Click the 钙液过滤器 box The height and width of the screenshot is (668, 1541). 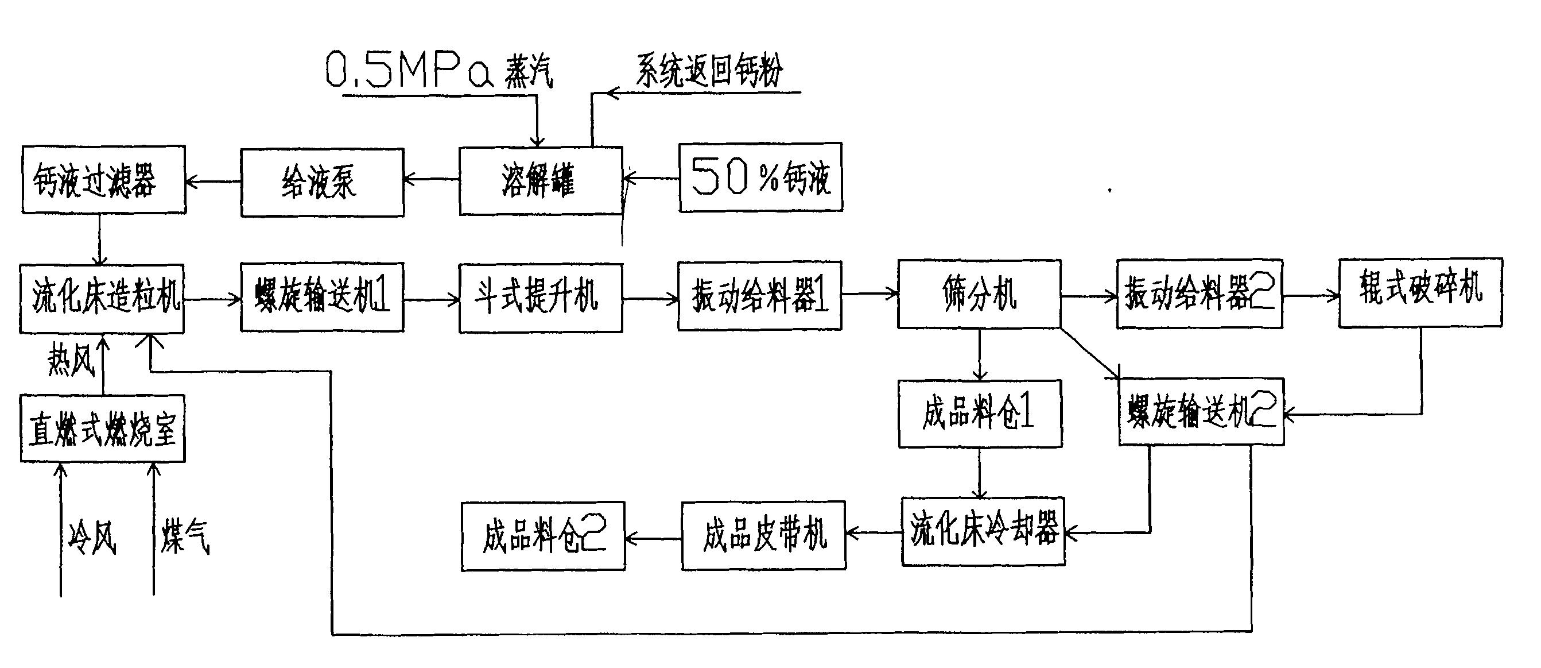click(x=103, y=180)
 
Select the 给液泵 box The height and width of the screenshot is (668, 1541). click(x=322, y=182)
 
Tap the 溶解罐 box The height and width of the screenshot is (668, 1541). click(x=541, y=181)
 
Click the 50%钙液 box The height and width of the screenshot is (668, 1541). click(x=760, y=177)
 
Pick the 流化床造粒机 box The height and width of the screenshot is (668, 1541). click(x=102, y=298)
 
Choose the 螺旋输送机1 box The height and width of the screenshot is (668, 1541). click(x=322, y=297)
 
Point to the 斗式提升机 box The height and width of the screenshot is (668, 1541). click(x=541, y=298)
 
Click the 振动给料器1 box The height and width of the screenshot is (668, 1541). click(x=760, y=296)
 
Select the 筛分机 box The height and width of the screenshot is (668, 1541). click(x=979, y=294)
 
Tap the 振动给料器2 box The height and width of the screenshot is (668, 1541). click(x=1200, y=294)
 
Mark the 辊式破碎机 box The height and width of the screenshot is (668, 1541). click(x=1420, y=293)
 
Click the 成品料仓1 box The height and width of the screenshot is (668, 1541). click(x=980, y=414)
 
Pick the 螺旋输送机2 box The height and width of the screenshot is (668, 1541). click(x=1201, y=412)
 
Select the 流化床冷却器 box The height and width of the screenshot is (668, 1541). click(x=983, y=531)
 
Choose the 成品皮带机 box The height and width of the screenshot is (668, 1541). click(x=763, y=535)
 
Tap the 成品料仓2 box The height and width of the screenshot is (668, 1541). click(x=542, y=536)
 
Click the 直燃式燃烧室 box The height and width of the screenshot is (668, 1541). click(x=102, y=428)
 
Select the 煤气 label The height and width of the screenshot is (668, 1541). click(x=185, y=536)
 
